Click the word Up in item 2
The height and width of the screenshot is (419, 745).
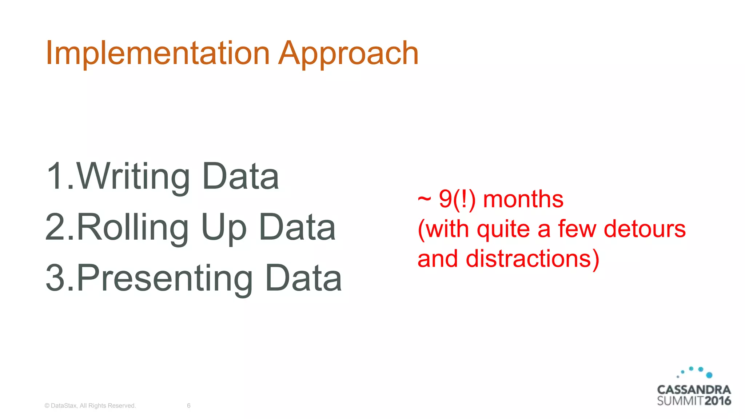coord(223,228)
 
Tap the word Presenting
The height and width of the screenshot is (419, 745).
coord(165,279)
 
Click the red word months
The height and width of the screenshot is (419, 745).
coord(523,199)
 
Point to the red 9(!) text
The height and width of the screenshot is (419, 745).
coord(457,199)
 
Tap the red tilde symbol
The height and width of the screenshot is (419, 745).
coord(424,199)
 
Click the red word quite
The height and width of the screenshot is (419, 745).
coord(503,230)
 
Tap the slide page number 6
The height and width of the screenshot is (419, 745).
coord(188,406)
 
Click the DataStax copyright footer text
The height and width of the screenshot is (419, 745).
coord(90,406)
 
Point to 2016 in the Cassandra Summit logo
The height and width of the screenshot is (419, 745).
coord(717,401)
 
